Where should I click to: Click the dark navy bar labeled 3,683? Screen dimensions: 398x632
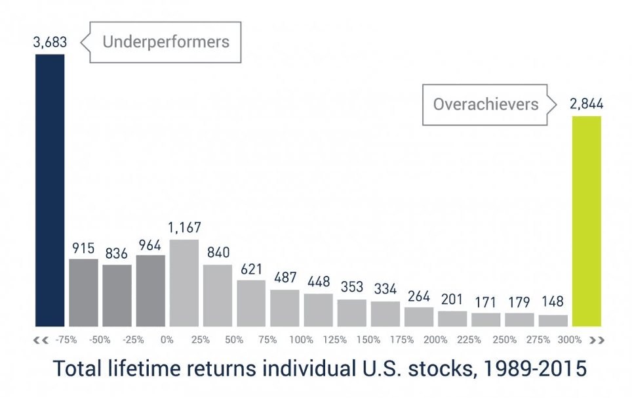coord(50,190)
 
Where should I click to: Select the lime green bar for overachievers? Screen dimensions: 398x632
coord(587,221)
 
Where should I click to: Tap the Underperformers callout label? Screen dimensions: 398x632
coord(165,43)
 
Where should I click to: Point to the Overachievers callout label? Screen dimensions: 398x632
coord(485,104)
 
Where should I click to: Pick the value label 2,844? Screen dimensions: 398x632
coord(587,104)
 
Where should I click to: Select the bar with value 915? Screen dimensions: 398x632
coord(83,292)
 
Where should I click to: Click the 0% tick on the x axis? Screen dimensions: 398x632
coord(167,340)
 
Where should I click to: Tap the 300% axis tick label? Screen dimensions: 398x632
coord(569,340)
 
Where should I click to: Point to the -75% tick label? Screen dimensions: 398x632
coord(66,340)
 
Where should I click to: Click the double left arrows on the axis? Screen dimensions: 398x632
coord(41,340)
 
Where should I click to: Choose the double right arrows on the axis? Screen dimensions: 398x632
coord(597,340)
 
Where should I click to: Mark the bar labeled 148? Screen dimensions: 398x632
coord(553,321)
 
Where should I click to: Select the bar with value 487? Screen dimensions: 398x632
coord(285,308)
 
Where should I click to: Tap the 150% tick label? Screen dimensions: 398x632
coord(368,340)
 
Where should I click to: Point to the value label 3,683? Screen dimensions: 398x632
coord(50,43)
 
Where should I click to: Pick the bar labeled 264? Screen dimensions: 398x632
coord(419,317)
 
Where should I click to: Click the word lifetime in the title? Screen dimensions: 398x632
coord(149,368)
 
